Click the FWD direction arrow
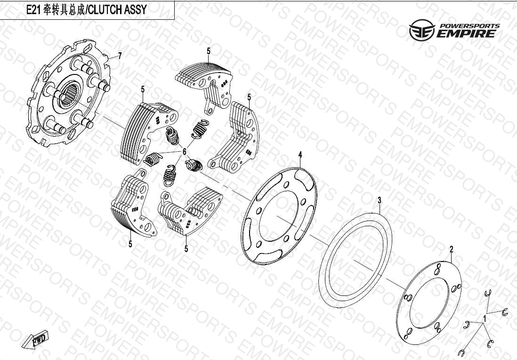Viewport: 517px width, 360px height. click(x=35, y=340)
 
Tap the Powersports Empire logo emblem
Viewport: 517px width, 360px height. click(x=422, y=30)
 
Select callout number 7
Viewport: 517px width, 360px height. click(x=120, y=56)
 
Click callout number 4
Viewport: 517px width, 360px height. click(x=300, y=155)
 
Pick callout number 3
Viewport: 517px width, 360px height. click(x=380, y=200)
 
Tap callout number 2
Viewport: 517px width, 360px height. click(x=452, y=249)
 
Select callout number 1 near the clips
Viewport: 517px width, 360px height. click(x=485, y=319)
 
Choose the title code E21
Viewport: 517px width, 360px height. click(x=33, y=10)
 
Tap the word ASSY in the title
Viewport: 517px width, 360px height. click(x=135, y=9)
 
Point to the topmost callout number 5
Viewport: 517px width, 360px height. click(x=209, y=51)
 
